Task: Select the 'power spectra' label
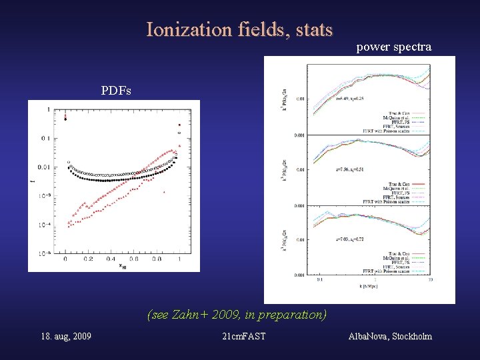[x=393, y=47]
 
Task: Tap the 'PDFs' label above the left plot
[x=117, y=90]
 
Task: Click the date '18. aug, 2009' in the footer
[x=66, y=336]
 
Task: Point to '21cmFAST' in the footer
[x=243, y=336]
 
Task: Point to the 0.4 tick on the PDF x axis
[x=111, y=259]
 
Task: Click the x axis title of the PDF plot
[x=122, y=267]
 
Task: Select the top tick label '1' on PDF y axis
[x=47, y=109]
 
